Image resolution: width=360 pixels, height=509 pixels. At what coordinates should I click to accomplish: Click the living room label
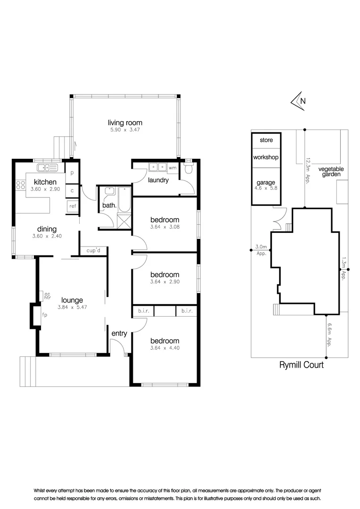pos(125,123)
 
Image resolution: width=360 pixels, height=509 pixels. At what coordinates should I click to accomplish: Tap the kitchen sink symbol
pos(46,168)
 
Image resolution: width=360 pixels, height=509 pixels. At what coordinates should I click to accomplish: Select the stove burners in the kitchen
pos(21,185)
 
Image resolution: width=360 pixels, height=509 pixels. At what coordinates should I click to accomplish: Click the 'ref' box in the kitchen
pos(73,205)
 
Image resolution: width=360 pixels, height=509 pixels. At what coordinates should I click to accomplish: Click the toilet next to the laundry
pos(189,169)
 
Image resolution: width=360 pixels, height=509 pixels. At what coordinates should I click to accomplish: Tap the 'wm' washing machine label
pos(172,167)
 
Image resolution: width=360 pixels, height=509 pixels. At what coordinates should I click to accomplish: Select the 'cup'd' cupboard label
pos(94,251)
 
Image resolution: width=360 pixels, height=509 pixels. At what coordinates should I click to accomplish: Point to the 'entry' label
pos(119,333)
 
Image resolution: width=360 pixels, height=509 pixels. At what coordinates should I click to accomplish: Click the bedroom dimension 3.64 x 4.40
pos(165,348)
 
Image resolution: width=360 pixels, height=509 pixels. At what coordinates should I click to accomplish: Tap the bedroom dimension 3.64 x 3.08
pos(165,227)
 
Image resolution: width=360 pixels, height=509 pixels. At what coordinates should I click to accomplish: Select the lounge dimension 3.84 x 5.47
pos(72,307)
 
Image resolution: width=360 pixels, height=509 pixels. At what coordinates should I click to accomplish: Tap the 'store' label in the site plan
pos(266,140)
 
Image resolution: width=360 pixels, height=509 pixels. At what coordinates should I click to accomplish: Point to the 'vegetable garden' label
pos(331,172)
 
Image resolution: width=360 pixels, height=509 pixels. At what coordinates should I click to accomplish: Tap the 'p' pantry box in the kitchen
pos(72,173)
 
